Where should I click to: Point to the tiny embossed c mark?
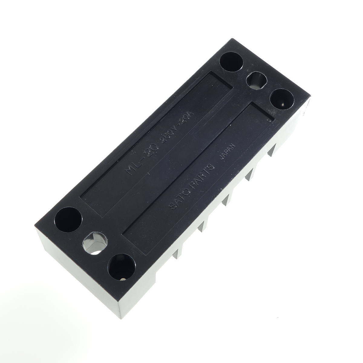pos(268,120)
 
